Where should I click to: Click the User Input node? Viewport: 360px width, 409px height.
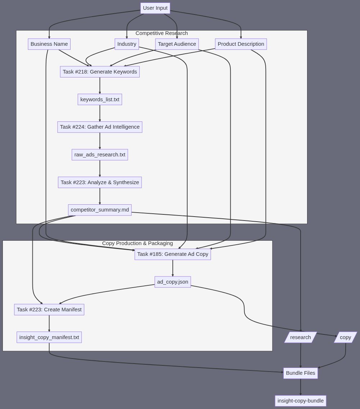(155, 8)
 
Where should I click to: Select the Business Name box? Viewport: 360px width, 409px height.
(49, 44)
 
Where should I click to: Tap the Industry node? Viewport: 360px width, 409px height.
(127, 44)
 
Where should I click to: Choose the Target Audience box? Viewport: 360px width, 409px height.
(177, 44)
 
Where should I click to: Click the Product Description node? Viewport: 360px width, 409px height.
(241, 44)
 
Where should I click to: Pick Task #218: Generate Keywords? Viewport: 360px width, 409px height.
(100, 72)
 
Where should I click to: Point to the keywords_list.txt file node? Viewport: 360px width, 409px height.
(100, 99)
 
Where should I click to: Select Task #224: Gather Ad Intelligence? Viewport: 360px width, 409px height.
(100, 127)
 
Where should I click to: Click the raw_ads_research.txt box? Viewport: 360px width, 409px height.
(100, 155)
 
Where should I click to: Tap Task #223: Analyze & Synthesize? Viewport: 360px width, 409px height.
(100, 182)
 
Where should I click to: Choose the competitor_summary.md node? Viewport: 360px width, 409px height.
(100, 210)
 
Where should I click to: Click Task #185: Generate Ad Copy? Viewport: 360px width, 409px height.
(172, 254)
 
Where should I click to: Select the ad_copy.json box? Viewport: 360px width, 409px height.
(172, 282)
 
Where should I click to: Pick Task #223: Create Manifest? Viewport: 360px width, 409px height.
(49, 310)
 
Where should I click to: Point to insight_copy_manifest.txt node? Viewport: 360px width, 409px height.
(49, 337)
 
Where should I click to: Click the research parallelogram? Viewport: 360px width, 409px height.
(300, 337)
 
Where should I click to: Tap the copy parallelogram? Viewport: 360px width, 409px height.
(345, 337)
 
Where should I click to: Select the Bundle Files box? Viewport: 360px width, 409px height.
(300, 373)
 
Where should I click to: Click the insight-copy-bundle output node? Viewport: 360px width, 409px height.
(300, 401)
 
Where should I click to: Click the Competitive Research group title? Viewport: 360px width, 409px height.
(162, 33)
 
